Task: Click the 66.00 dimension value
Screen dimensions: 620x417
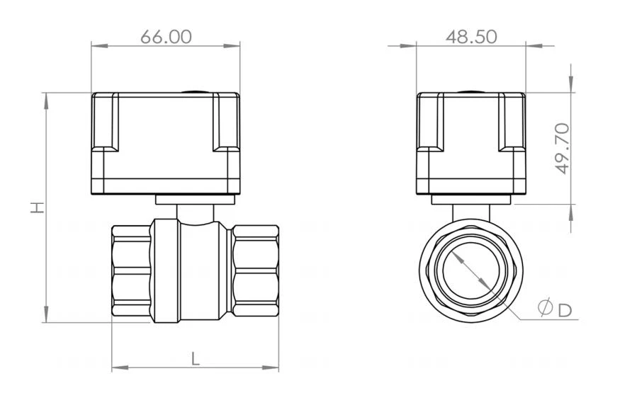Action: coord(166,37)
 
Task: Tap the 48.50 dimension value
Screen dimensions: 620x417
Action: coord(471,37)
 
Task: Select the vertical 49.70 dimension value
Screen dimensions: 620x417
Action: coord(562,149)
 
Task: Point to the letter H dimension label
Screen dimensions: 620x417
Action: coord(38,207)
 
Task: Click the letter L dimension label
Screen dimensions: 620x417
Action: coord(196,359)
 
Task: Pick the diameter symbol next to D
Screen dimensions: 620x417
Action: coord(546,307)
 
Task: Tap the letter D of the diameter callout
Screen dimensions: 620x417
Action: coord(565,310)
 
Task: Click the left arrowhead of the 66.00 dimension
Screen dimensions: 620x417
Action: coord(100,46)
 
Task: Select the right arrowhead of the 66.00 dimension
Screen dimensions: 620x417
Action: coord(232,46)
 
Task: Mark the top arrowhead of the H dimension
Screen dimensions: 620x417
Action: coord(46,101)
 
